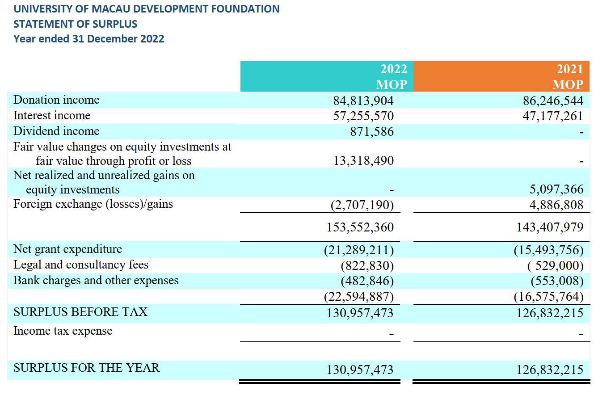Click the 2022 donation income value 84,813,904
pyautogui.click(x=363, y=101)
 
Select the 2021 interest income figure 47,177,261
pyautogui.click(x=553, y=116)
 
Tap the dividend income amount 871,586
pyautogui.click(x=372, y=131)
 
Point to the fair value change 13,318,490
pyautogui.click(x=363, y=161)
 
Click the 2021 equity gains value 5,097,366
pyautogui.click(x=556, y=189)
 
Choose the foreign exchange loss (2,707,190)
pyautogui.click(x=362, y=205)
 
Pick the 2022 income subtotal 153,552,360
pyautogui.click(x=360, y=227)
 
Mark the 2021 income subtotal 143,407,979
pyautogui.click(x=550, y=227)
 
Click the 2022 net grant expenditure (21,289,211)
pyautogui.click(x=359, y=250)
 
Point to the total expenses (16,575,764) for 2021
pyautogui.click(x=549, y=297)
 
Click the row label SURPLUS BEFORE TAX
pyautogui.click(x=80, y=312)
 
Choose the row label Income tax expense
pyautogui.click(x=63, y=331)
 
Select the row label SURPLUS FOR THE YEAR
pyautogui.click(x=86, y=368)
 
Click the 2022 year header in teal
pyautogui.click(x=393, y=69)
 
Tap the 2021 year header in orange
pyautogui.click(x=570, y=69)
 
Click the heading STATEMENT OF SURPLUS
pyautogui.click(x=75, y=24)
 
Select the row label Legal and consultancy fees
pyautogui.click(x=81, y=265)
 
